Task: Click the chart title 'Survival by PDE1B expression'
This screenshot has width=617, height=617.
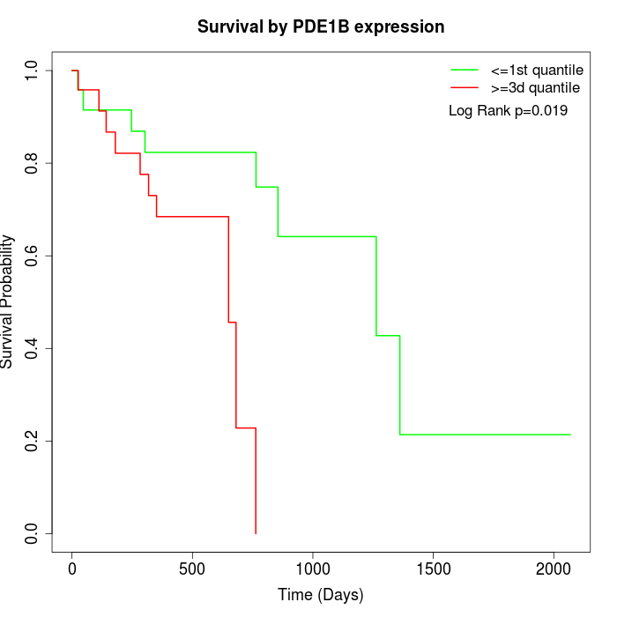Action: click(x=320, y=26)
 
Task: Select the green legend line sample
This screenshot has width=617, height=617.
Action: click(x=464, y=70)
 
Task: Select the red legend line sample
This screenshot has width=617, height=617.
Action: click(x=464, y=88)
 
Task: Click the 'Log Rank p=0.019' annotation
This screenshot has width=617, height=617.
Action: click(x=508, y=111)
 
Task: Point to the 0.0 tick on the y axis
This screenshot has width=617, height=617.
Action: click(x=33, y=533)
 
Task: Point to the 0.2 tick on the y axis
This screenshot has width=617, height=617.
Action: click(x=33, y=441)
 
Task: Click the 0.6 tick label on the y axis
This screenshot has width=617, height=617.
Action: click(x=33, y=256)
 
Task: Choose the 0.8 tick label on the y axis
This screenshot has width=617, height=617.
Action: click(x=33, y=163)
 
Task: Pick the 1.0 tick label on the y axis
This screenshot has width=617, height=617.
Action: click(x=33, y=71)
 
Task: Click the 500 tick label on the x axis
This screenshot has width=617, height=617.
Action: click(x=192, y=569)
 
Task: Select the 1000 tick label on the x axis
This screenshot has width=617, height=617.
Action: click(x=313, y=569)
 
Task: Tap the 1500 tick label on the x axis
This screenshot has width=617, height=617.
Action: click(x=434, y=569)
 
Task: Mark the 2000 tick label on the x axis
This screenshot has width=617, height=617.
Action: click(x=554, y=569)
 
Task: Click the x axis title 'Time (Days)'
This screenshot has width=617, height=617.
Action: click(x=320, y=595)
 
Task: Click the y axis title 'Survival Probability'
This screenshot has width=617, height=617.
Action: click(x=9, y=301)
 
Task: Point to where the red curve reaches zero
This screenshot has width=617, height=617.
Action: click(x=256, y=533)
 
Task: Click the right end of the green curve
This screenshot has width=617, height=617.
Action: click(x=570, y=435)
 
